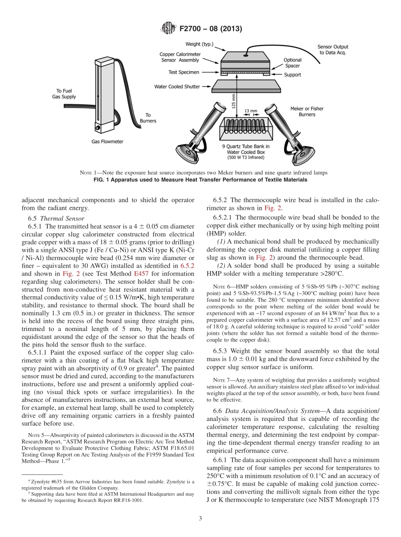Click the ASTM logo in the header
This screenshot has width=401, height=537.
(x=168, y=29)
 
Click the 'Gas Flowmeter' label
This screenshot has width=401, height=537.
(x=108, y=141)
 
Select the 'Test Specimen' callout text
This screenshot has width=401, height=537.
(x=184, y=72)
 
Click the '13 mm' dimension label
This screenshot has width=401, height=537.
(x=250, y=111)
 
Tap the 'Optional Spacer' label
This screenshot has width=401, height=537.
(x=292, y=62)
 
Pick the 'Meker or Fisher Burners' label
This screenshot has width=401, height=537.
(x=307, y=111)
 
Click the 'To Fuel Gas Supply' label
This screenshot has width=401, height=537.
(x=67, y=94)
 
